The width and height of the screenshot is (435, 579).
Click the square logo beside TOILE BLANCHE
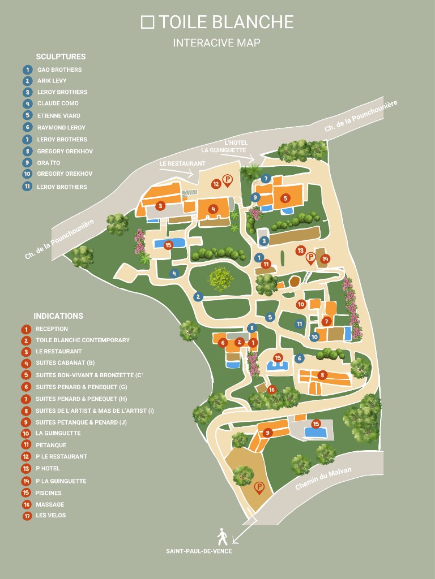[x=147, y=22]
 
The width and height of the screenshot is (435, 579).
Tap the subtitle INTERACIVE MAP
[x=216, y=43]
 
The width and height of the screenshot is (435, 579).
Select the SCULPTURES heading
[x=61, y=57]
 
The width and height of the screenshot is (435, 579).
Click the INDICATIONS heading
[x=58, y=316]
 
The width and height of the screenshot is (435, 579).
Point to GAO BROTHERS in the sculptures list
[x=59, y=70]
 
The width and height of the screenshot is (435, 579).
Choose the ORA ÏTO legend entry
[x=49, y=162]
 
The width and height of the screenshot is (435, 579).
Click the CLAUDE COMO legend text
[x=58, y=103]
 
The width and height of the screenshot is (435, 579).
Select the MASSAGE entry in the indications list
[x=50, y=504]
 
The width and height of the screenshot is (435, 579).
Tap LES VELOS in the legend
[x=51, y=515]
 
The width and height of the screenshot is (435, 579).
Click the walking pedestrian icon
[x=222, y=535]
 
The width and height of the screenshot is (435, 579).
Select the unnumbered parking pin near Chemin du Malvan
[x=259, y=487]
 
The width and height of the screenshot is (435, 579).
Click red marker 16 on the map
[x=271, y=390]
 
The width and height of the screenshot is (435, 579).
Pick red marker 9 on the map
[x=268, y=433]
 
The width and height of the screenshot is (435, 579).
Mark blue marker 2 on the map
[x=198, y=296]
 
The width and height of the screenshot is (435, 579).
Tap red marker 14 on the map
[x=325, y=259]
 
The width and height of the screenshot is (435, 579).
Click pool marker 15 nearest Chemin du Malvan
[x=316, y=424]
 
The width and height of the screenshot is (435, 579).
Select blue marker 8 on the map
[x=252, y=327]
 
